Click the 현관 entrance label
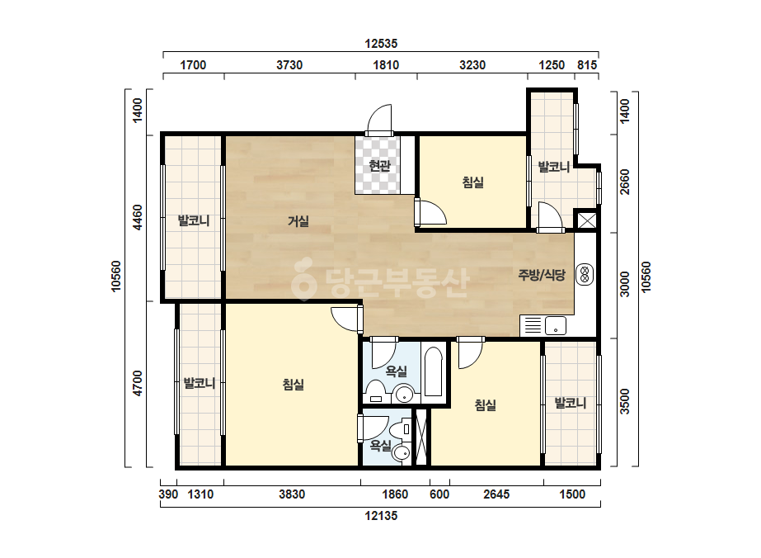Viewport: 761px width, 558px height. (x=379, y=166)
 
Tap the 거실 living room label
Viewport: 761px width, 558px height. (x=298, y=221)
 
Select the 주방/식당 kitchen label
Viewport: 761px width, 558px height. (x=542, y=275)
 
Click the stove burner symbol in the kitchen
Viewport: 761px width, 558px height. (x=585, y=275)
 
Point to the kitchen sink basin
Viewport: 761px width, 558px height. (x=555, y=326)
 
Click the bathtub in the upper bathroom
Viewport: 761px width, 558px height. (x=433, y=371)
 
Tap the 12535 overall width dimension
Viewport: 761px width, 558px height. (x=381, y=44)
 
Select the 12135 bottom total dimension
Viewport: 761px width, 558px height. (x=381, y=516)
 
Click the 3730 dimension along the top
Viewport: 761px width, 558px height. (x=289, y=65)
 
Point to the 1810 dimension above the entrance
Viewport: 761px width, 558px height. (x=386, y=65)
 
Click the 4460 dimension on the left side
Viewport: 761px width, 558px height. (x=139, y=218)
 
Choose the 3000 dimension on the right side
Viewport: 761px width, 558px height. (x=625, y=284)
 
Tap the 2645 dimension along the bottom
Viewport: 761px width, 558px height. (x=496, y=494)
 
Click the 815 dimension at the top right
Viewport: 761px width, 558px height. (x=587, y=65)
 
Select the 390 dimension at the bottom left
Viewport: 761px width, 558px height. (x=168, y=494)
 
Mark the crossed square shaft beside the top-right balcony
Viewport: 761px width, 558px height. (x=586, y=220)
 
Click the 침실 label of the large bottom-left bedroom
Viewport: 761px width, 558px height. (x=294, y=385)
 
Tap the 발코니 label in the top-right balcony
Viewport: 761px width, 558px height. (x=554, y=168)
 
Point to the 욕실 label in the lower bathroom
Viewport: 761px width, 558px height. (x=381, y=445)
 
